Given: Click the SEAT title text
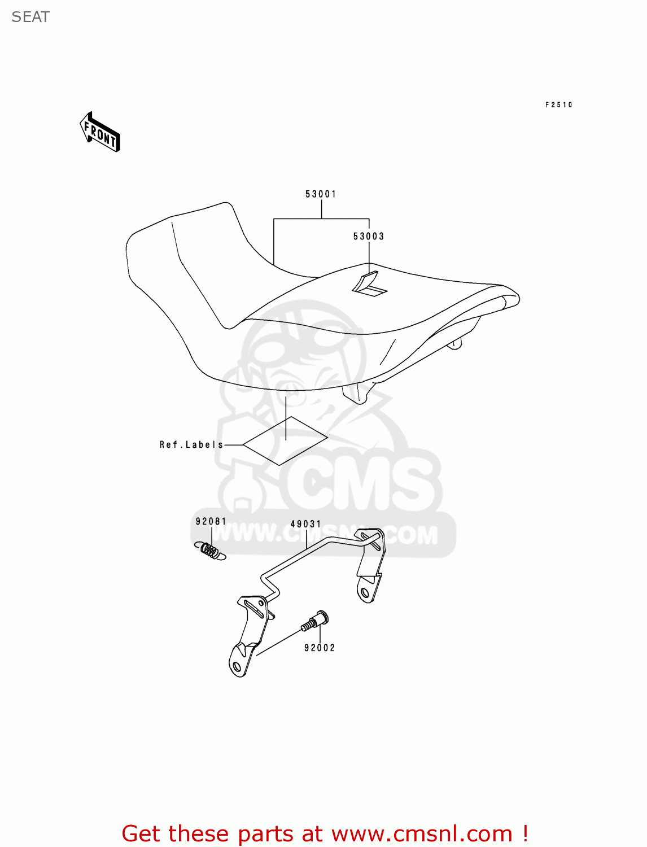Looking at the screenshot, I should pyautogui.click(x=30, y=17).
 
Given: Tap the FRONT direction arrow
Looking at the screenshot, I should pyautogui.click(x=100, y=133).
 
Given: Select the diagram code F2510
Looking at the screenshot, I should pyautogui.click(x=558, y=104).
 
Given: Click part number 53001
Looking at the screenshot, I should pyautogui.click(x=321, y=194).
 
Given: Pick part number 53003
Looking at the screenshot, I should pyautogui.click(x=369, y=237).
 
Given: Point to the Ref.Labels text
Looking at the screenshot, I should pyautogui.click(x=191, y=445).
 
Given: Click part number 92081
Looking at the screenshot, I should pyautogui.click(x=211, y=521).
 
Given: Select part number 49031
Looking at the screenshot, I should pyautogui.click(x=305, y=524).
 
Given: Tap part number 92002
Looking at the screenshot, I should pyautogui.click(x=320, y=648).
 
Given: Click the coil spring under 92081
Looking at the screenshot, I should pyautogui.click(x=211, y=551).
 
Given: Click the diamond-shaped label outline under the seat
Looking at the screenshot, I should pyautogui.click(x=286, y=441).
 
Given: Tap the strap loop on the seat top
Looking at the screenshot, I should pyautogui.click(x=369, y=283).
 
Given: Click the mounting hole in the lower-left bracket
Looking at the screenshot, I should pyautogui.click(x=237, y=667).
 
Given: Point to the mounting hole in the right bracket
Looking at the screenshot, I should pyautogui.click(x=365, y=592).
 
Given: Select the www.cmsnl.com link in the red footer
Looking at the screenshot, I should pyautogui.click(x=421, y=833).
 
